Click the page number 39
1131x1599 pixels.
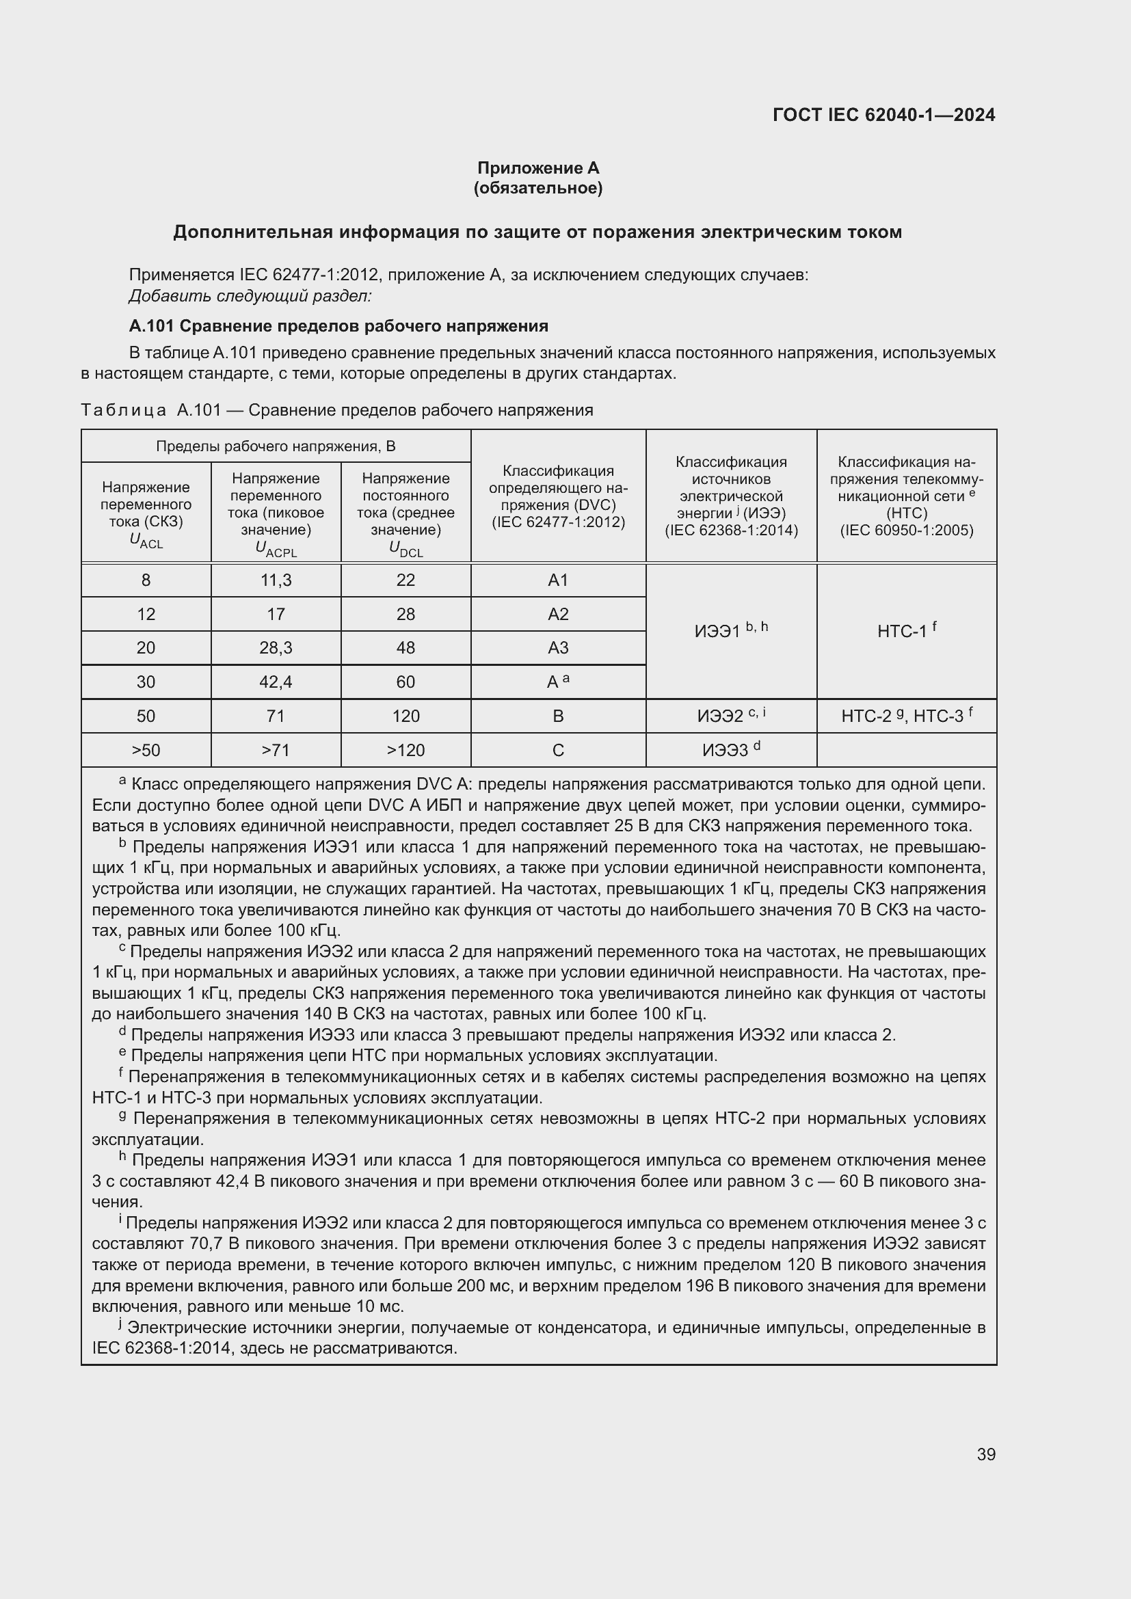click(x=985, y=1454)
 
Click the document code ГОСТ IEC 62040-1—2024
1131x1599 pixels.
click(x=883, y=115)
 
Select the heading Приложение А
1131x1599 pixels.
click(x=537, y=168)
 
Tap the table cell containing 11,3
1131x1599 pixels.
click(x=276, y=580)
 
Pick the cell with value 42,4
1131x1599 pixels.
click(x=276, y=682)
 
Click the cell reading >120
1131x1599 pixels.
click(x=405, y=750)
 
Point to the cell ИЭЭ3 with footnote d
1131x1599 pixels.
click(x=730, y=749)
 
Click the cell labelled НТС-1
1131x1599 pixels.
click(x=906, y=631)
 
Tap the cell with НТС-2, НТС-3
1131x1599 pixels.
click(x=906, y=715)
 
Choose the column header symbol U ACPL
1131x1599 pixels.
click(x=276, y=549)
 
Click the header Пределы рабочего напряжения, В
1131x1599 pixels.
click(x=276, y=446)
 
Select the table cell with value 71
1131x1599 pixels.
click(x=276, y=716)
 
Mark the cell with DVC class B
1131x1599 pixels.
click(x=558, y=716)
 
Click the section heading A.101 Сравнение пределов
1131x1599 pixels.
click(x=338, y=326)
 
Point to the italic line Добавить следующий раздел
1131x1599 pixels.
click(x=250, y=296)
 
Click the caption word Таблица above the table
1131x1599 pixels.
click(x=123, y=410)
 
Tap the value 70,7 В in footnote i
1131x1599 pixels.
click(x=215, y=1244)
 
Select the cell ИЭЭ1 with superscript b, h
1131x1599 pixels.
click(x=730, y=630)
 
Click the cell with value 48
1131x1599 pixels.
click(x=405, y=647)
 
